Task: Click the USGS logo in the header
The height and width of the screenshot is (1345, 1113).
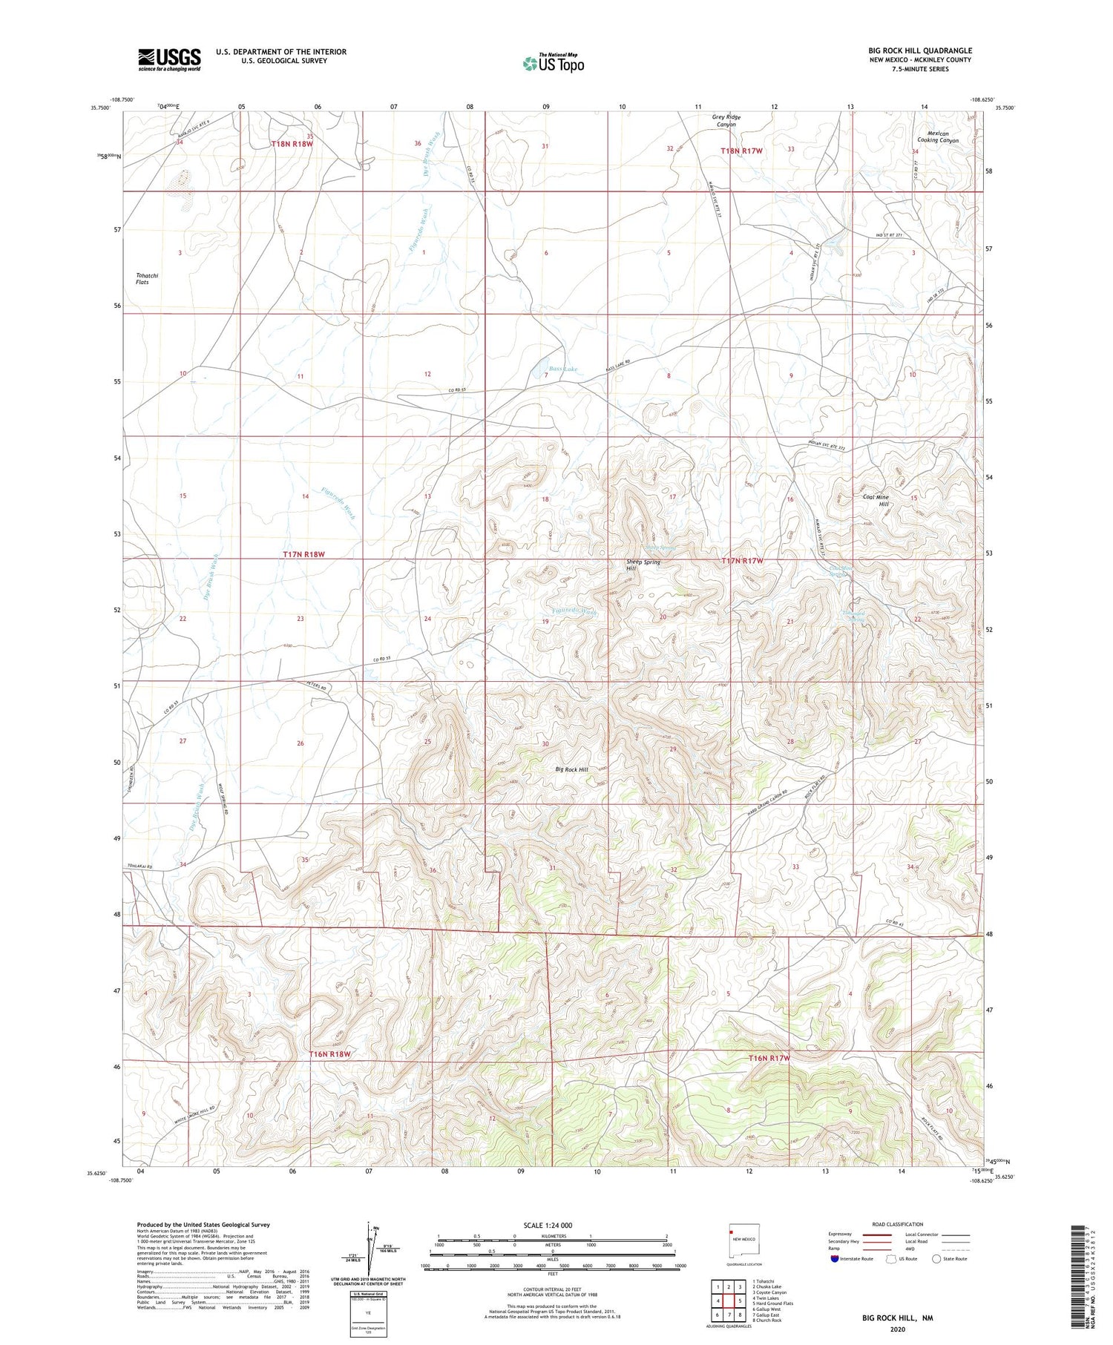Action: pos(169,59)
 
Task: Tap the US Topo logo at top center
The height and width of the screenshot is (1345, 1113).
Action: pos(552,63)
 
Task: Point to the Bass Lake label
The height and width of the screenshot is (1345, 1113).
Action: pos(562,369)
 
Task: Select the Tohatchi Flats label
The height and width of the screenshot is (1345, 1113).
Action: pos(147,278)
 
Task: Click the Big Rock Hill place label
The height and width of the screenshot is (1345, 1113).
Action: pos(571,770)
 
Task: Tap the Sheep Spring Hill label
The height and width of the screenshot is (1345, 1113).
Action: pos(643,565)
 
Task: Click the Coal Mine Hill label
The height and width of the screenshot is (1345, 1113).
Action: pos(879,501)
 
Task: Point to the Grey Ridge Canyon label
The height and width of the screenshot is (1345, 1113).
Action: pos(726,121)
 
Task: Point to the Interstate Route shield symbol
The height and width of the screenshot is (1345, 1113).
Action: pos(835,1259)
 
